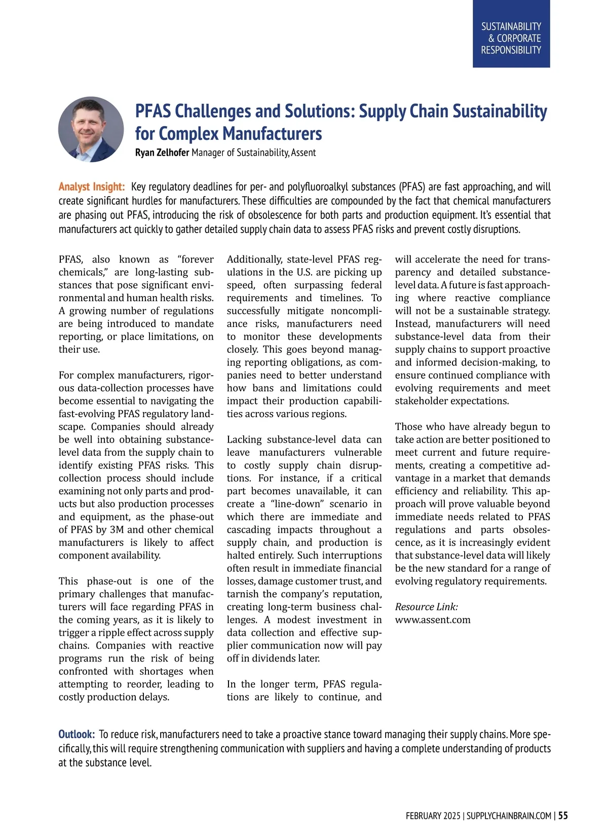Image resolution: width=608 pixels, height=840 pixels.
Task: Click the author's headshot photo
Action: pyautogui.click(x=91, y=130)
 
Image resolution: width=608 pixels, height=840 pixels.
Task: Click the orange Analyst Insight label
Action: pyautogui.click(x=92, y=187)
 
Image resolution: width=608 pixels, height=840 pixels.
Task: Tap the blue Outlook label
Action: pyautogui.click(x=77, y=734)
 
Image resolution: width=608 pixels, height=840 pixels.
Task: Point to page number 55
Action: pyautogui.click(x=563, y=816)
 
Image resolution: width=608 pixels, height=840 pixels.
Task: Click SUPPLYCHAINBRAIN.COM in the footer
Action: pyautogui.click(x=509, y=816)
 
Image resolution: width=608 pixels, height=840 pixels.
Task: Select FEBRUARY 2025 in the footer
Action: pyautogui.click(x=433, y=816)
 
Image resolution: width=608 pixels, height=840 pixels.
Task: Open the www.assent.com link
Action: pyautogui.click(x=433, y=619)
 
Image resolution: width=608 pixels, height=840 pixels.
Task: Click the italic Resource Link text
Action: pyautogui.click(x=426, y=607)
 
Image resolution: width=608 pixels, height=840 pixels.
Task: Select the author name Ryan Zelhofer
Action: pyautogui.click(x=162, y=153)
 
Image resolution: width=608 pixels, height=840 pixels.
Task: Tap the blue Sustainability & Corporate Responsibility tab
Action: pyautogui.click(x=511, y=38)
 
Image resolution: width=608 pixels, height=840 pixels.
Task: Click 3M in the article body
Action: pyautogui.click(x=117, y=530)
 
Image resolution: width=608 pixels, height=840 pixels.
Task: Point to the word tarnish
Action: pyautogui.click(x=243, y=594)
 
